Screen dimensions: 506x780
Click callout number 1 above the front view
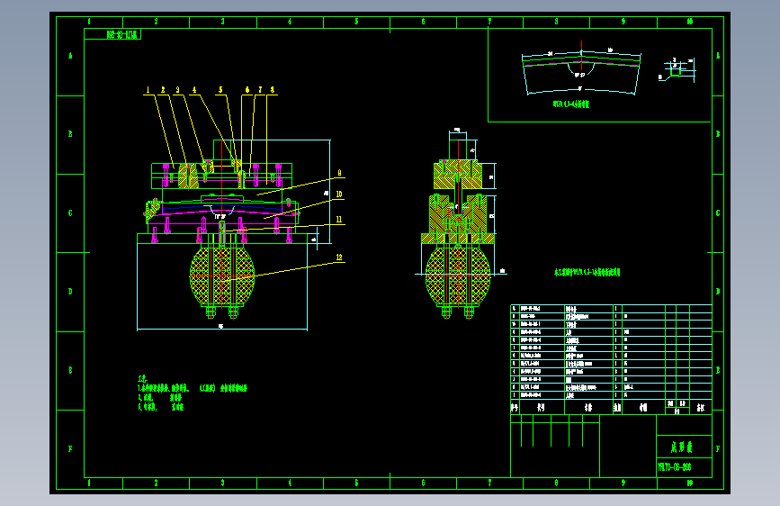tap(148, 90)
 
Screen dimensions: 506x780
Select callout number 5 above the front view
tap(220, 90)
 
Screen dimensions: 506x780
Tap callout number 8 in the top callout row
tap(273, 90)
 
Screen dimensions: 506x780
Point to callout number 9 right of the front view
tap(338, 173)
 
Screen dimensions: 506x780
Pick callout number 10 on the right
tap(338, 194)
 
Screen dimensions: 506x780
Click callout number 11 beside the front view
tap(338, 219)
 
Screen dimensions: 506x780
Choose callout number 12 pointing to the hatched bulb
tap(338, 258)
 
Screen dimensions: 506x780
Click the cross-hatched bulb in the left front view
tap(221, 276)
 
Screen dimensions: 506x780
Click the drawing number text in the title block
tap(674, 467)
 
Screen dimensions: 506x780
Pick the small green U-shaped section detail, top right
tap(675, 66)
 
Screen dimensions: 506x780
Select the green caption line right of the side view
tap(587, 271)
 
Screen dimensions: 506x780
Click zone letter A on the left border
tap(70, 55)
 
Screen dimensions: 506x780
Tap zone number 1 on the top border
tap(88, 22)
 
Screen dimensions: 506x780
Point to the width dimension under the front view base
tap(220, 326)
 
